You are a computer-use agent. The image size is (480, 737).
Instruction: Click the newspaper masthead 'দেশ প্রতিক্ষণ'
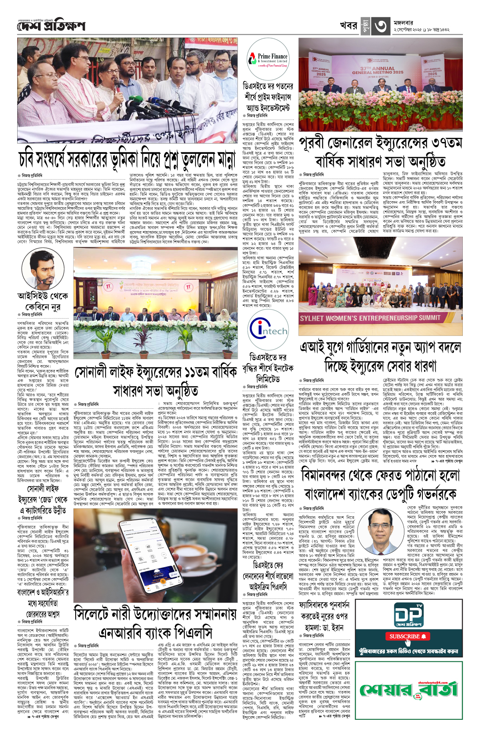tap(51, 26)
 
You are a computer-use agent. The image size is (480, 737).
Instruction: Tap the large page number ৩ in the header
tap(380, 26)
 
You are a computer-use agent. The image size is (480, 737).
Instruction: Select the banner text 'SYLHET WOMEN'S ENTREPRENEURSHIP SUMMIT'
tap(370, 318)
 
